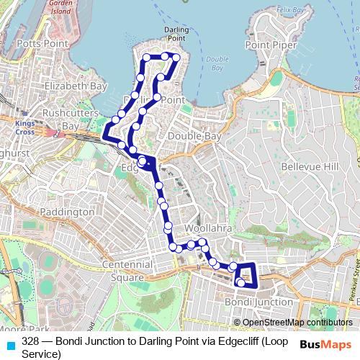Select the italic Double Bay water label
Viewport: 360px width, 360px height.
216,64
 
